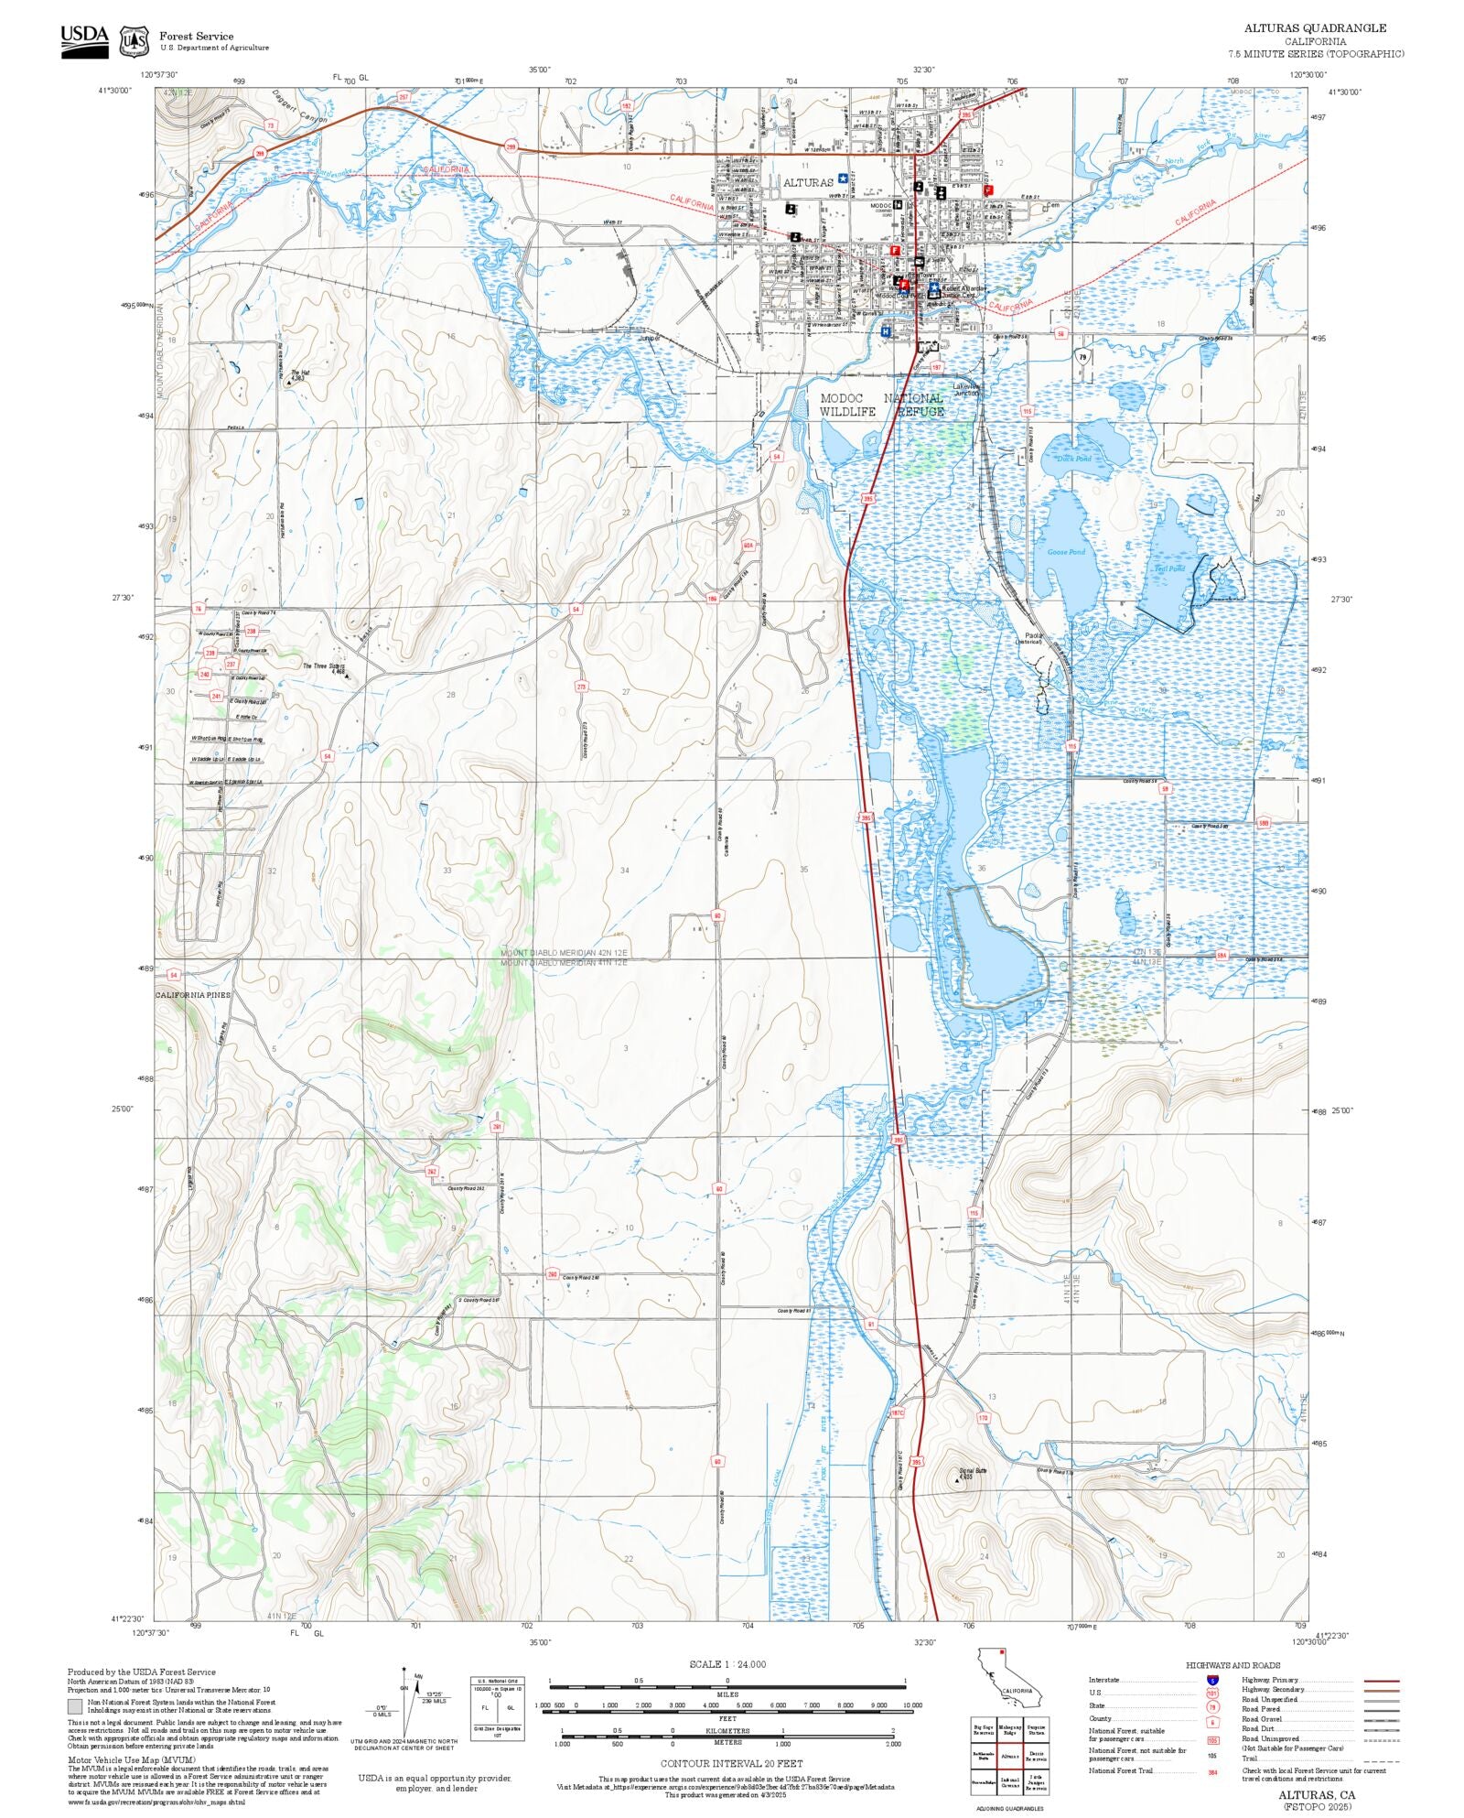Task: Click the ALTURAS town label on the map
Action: pos(808,183)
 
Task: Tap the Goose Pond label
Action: pos(1066,552)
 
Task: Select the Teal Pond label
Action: pos(1169,568)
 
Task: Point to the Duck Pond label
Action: pos(1074,459)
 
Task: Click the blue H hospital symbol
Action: pos(886,332)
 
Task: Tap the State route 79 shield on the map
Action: pos(1083,358)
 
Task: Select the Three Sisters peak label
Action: pos(324,668)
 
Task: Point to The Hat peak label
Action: pos(299,374)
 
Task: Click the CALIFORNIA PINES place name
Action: pos(193,995)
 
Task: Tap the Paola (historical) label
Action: pos(1032,637)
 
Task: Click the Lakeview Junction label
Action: pos(966,389)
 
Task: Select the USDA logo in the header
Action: pos(84,41)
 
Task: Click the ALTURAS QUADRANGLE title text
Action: pos(1315,28)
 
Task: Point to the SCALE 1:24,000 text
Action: pos(727,1664)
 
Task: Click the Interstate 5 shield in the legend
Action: pos(1212,1681)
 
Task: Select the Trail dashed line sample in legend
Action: pos(1381,1758)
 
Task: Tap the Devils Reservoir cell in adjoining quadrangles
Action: pos(1037,1756)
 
